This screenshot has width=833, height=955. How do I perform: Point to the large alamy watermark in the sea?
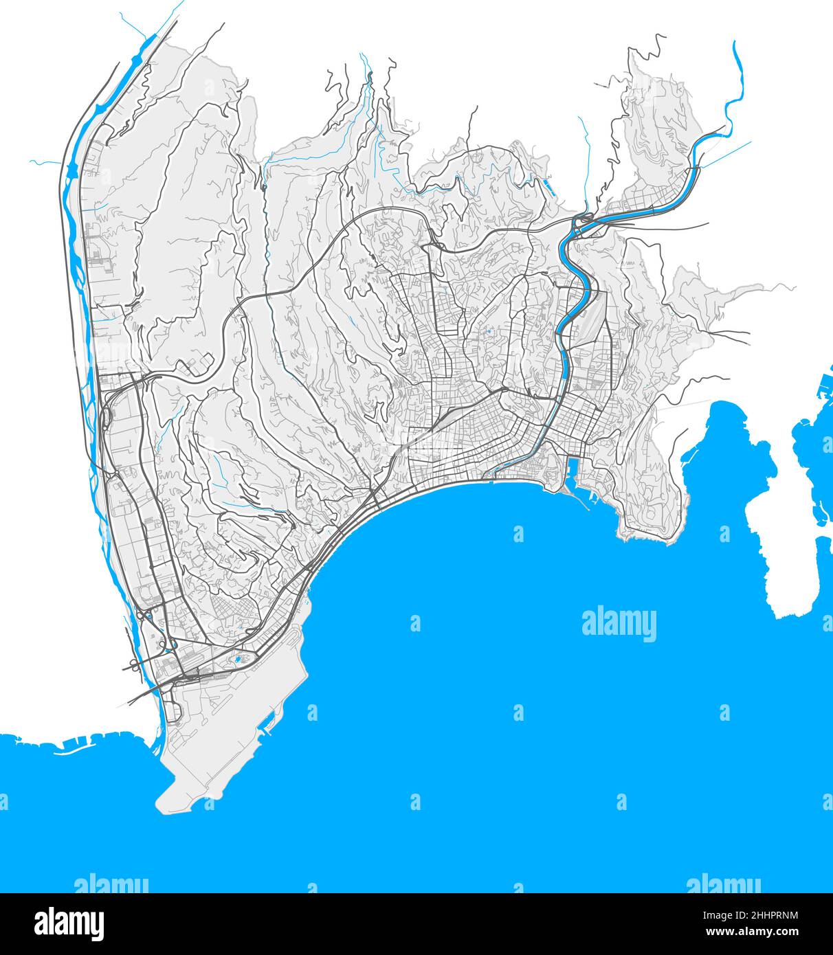(x=619, y=624)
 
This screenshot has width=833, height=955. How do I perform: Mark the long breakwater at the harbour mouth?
(x=581, y=502)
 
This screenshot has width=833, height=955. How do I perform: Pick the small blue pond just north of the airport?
(x=238, y=659)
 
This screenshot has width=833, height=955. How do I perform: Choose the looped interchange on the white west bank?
(x=133, y=663)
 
